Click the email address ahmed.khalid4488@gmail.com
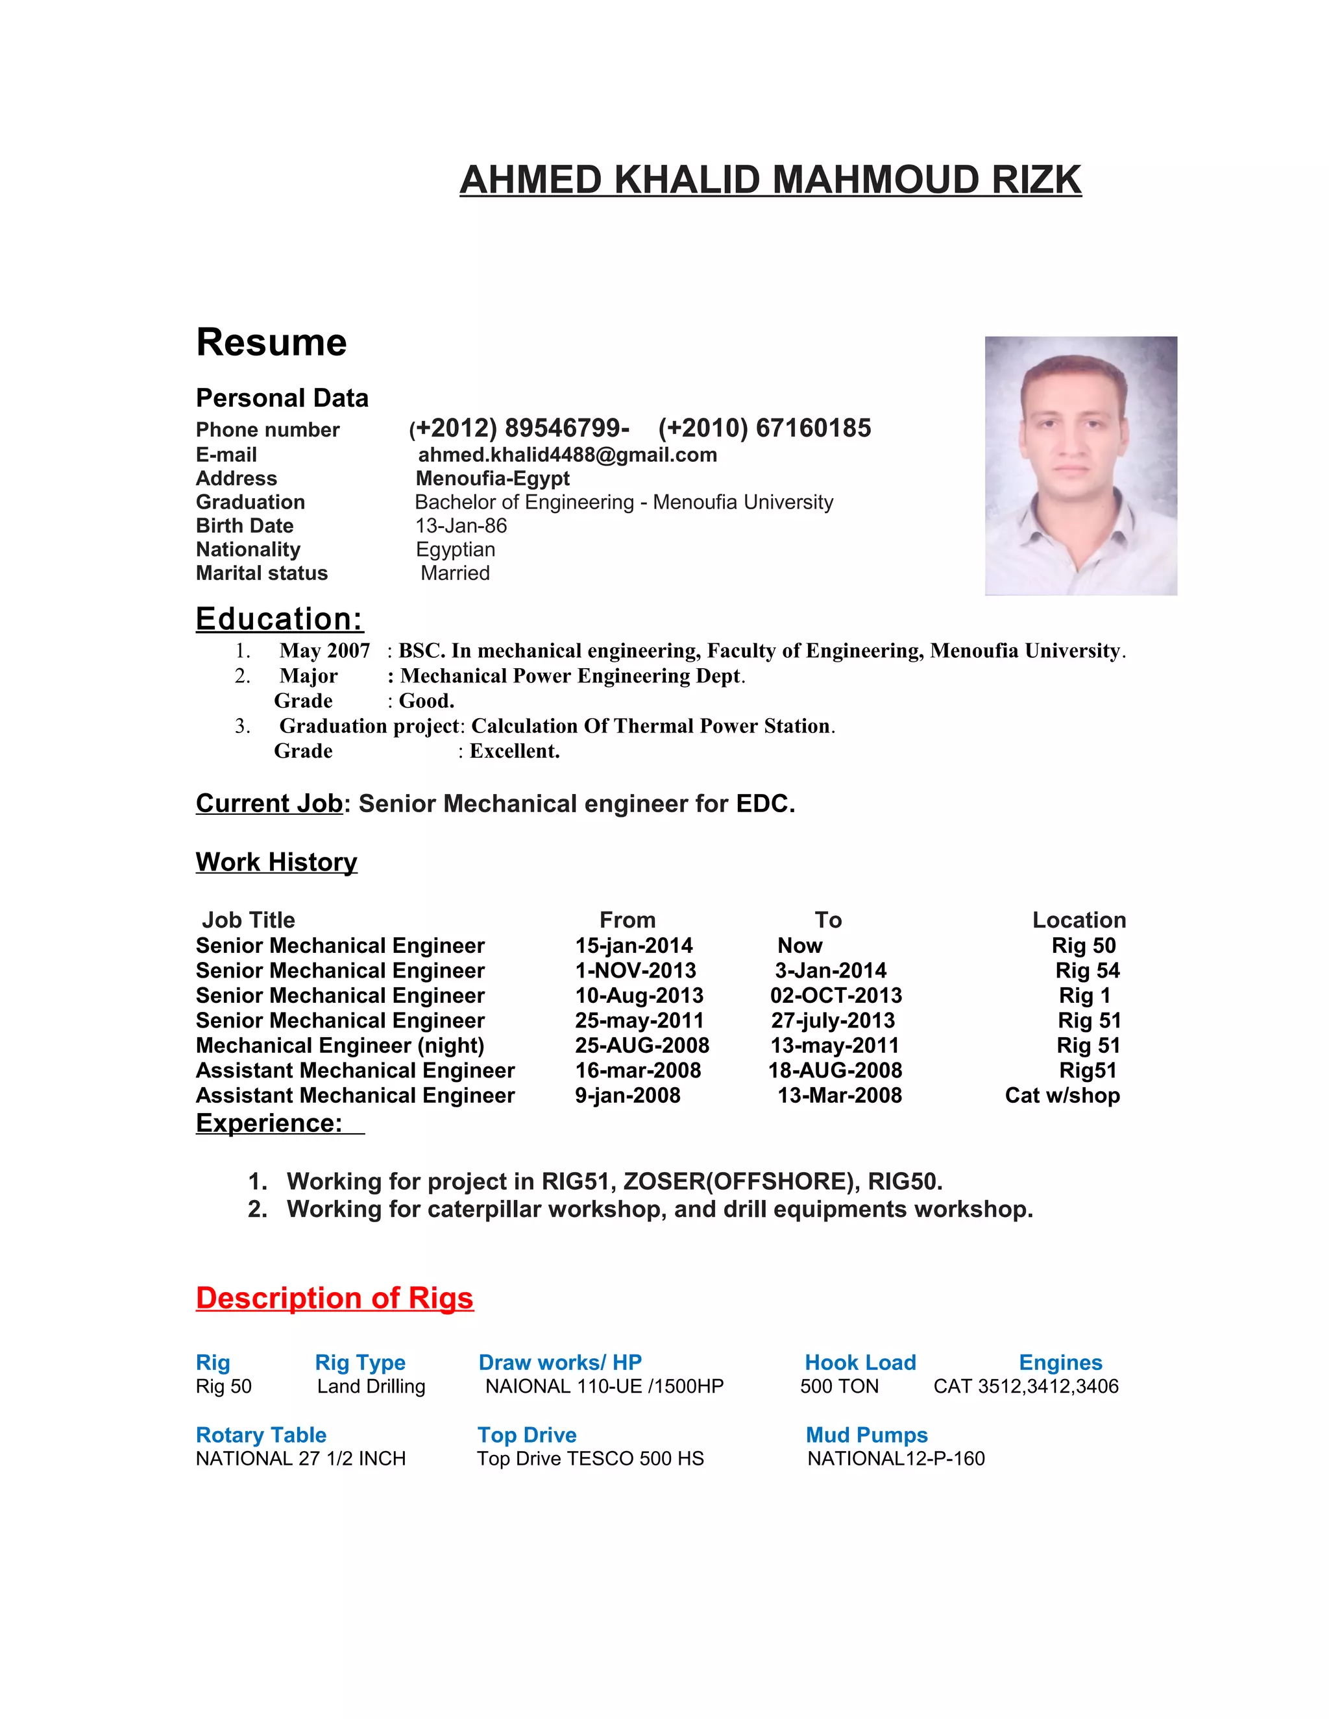(567, 455)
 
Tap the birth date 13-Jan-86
(461, 526)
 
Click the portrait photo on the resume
(1080, 466)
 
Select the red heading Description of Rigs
(335, 1298)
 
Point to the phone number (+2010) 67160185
(764, 428)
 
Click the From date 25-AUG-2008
(642, 1045)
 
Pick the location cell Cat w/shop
(1062, 1096)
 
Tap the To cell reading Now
(800, 945)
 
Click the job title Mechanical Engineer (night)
(340, 1045)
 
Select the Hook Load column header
(860, 1362)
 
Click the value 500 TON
(839, 1386)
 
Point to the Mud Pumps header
(866, 1435)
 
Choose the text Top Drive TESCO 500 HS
(591, 1458)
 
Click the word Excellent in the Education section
(514, 751)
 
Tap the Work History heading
(276, 862)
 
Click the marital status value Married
(455, 573)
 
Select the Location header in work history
(1079, 920)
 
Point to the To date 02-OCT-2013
(836, 996)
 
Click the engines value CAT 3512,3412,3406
(1026, 1386)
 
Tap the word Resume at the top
(272, 343)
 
